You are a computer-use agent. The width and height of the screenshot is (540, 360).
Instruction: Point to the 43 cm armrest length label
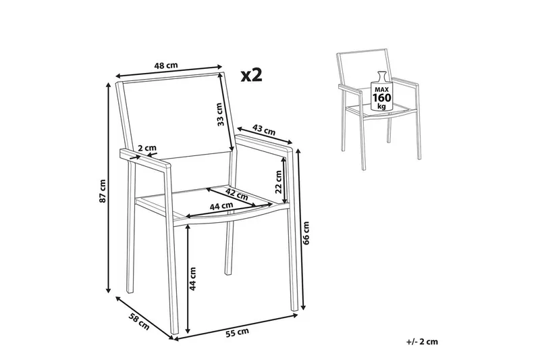[264, 130]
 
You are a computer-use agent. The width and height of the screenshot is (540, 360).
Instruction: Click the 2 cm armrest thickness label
[147, 148]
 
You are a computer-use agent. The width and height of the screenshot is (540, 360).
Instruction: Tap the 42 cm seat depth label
[236, 194]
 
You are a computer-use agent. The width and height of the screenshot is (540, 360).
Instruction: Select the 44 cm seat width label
[221, 207]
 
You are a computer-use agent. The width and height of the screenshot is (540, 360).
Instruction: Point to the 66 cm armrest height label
[306, 232]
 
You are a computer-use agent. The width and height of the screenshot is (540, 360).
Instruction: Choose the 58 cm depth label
[140, 321]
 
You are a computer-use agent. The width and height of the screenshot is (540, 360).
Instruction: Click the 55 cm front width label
[237, 332]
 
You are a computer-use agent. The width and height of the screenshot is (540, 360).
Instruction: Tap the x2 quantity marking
[252, 75]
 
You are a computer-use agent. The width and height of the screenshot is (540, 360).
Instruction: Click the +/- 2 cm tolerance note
[423, 342]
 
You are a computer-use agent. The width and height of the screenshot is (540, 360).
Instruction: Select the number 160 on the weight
[381, 98]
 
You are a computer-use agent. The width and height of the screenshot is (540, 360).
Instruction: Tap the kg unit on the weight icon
[381, 106]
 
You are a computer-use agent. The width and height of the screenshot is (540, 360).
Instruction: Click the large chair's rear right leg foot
[228, 273]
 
